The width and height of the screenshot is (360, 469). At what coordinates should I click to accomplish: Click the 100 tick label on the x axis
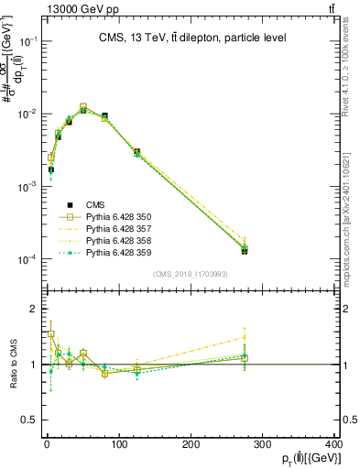click(118, 446)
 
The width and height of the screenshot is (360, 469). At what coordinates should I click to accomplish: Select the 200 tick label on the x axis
click(191, 446)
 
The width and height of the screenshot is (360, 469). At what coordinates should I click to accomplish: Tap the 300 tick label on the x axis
click(262, 446)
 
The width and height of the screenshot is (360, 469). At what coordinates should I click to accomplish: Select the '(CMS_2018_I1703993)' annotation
click(190, 274)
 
